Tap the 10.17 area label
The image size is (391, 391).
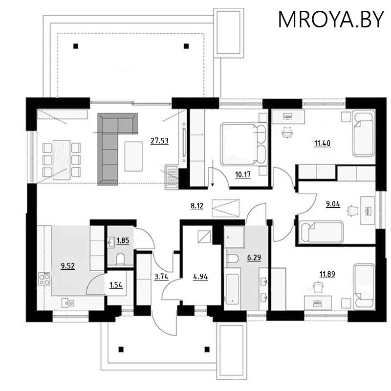point(242,174)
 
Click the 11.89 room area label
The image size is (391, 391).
point(327,273)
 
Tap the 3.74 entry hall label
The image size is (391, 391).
point(161,277)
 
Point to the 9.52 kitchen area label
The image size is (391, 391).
point(68,266)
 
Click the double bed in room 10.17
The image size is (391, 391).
point(242,144)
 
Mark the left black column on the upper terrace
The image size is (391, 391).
point(75,46)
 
